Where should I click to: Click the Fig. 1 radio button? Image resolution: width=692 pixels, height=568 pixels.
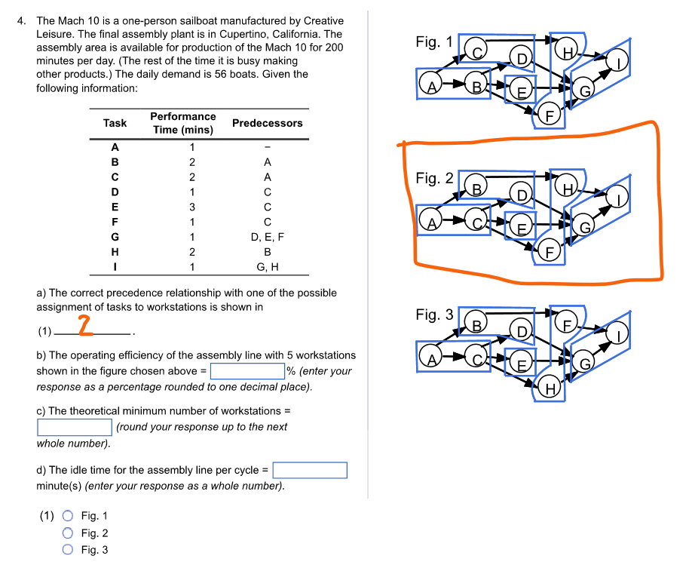[68, 516]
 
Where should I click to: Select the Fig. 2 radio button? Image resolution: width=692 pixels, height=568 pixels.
[68, 533]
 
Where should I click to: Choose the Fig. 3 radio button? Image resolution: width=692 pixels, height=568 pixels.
[68, 550]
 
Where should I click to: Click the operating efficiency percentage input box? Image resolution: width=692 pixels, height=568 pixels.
[246, 371]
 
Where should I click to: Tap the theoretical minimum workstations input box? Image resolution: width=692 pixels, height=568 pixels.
[75, 427]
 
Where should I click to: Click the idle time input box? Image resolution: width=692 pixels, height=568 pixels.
[309, 471]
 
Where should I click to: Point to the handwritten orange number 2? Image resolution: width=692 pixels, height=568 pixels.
[86, 326]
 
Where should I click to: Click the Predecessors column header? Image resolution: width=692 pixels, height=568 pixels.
[267, 123]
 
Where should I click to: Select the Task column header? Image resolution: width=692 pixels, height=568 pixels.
[115, 123]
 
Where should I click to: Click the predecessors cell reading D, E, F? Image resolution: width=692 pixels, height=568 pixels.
[267, 236]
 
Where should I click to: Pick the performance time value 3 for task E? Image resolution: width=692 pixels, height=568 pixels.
[192, 207]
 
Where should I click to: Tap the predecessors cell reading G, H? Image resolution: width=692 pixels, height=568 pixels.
[267, 266]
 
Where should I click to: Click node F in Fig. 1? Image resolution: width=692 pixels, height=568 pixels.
[550, 115]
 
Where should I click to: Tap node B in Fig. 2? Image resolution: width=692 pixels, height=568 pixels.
[476, 186]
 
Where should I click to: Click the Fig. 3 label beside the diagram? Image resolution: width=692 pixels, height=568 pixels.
[434, 315]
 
